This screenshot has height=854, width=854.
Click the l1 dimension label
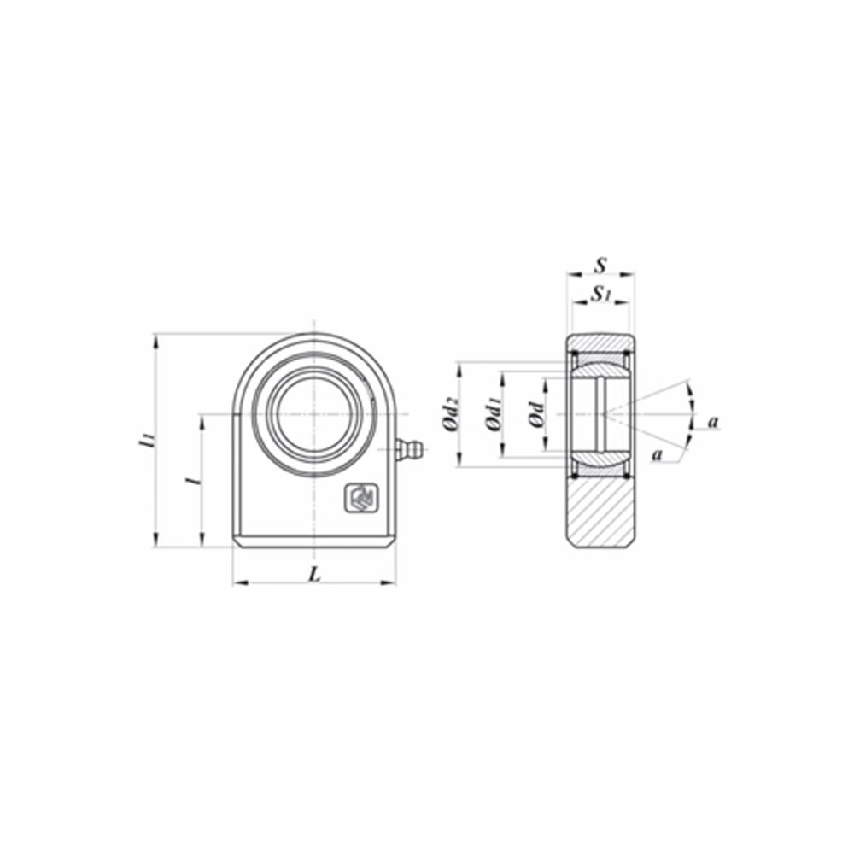click(147, 441)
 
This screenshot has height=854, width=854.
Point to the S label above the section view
click(600, 265)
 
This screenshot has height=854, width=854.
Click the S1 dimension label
click(601, 294)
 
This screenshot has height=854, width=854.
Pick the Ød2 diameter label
click(453, 415)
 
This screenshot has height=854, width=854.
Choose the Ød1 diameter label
click(494, 415)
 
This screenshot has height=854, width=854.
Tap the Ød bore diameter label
click(535, 415)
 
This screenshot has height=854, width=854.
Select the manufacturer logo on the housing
click(360, 498)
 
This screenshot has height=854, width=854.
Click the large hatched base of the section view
click(601, 512)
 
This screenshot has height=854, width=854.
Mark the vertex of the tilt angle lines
click(604, 415)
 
